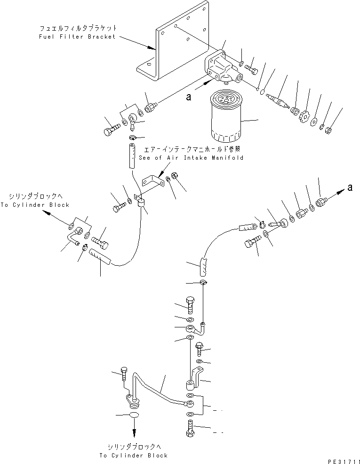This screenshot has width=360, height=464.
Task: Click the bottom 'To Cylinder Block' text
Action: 133,456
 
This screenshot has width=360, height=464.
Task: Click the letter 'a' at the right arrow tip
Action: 349,188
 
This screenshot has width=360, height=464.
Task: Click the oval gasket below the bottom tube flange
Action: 134,415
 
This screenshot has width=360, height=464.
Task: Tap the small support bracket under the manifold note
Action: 152,184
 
